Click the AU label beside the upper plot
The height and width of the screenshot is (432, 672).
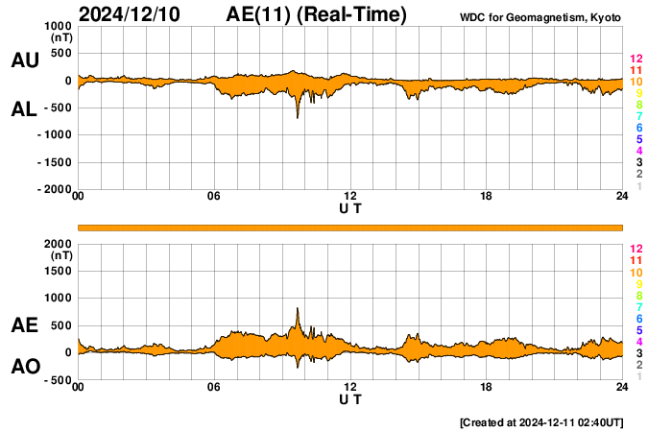pos(24,60)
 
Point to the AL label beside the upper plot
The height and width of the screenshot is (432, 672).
pos(24,109)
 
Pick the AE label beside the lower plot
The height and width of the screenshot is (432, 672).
pos(24,325)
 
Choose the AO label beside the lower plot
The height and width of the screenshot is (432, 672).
pos(24,366)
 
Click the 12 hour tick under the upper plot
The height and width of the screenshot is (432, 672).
pos(350,197)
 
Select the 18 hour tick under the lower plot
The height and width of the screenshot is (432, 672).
pos(487,387)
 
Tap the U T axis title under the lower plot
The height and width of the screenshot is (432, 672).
pos(350,399)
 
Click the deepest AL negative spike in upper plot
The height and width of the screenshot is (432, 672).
pos(298,116)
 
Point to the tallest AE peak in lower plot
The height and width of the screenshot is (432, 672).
pos(298,309)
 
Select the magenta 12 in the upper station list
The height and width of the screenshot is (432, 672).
pos(636,59)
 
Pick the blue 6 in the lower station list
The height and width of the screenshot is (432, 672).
pos(638,318)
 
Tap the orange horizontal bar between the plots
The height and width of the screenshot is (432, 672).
pos(350,227)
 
